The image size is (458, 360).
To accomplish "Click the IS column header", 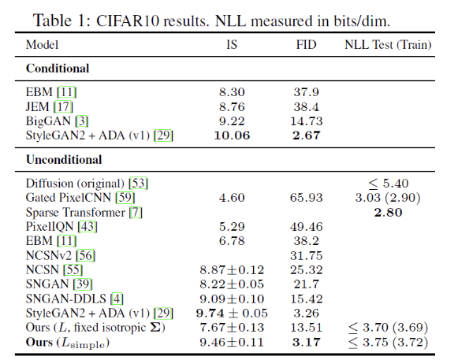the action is tap(232, 45).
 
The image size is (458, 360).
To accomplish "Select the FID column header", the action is tap(307, 45).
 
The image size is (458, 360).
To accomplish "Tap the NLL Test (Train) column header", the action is tap(388, 45).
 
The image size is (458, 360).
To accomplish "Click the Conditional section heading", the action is tap(58, 69).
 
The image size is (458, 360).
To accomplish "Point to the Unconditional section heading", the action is tap(64, 160).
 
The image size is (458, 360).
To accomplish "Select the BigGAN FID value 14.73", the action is tap(307, 121).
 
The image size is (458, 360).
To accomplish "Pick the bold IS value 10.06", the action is tap(232, 135).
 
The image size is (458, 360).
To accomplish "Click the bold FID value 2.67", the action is tap(307, 135).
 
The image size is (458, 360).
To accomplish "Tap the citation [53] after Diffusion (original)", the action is tap(139, 184).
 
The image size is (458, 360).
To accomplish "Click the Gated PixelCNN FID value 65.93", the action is tap(307, 198).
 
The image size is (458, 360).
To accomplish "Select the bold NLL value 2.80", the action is tap(388, 212).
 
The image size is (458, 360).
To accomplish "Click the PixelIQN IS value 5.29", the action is tap(232, 227).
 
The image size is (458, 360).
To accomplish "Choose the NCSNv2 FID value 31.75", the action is tap(307, 255).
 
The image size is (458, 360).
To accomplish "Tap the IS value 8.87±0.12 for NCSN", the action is tap(232, 269).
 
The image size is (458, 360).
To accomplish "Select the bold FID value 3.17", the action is tap(307, 342).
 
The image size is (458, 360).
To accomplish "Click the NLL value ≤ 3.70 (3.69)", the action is tap(389, 328).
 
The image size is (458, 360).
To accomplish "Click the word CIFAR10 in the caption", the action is tap(128, 21).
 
